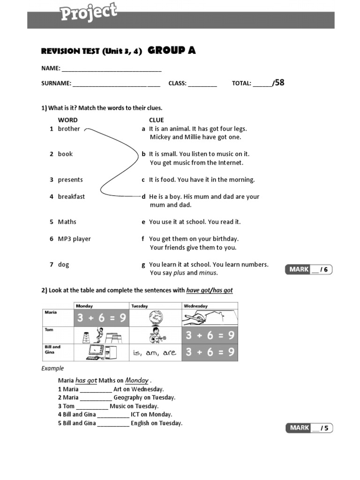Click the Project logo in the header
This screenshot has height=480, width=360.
[x=88, y=13]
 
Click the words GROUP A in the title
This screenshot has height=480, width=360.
[x=172, y=51]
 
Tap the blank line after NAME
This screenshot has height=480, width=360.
[x=112, y=69]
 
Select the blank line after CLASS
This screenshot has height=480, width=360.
[x=203, y=84]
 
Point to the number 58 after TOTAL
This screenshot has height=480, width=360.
[x=279, y=83]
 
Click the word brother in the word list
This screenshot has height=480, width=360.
[x=69, y=129]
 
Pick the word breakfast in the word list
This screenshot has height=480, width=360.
[x=71, y=197]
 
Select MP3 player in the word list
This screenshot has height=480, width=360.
[x=74, y=239]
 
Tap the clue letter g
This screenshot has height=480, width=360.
[x=143, y=265]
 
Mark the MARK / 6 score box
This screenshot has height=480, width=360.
[x=309, y=269]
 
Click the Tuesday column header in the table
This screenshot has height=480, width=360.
[x=139, y=306]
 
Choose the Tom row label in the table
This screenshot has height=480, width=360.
[x=50, y=330]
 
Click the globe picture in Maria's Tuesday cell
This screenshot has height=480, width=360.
[x=155, y=318]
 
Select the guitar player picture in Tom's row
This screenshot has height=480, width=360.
[x=155, y=335]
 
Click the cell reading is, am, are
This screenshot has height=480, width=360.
[x=155, y=352]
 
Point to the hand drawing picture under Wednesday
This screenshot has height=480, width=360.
[x=210, y=318]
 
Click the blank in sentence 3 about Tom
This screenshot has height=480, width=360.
[x=92, y=406]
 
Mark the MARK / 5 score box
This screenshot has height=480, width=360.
[x=309, y=427]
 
